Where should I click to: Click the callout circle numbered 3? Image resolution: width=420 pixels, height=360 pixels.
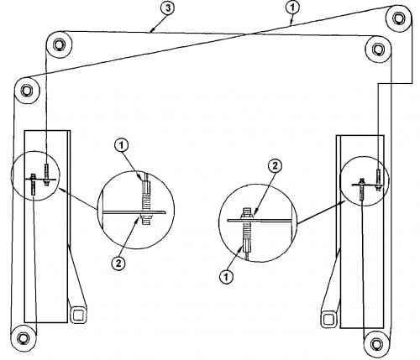pyautogui.click(x=167, y=8)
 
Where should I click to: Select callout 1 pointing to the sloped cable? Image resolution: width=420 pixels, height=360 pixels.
pyautogui.click(x=292, y=8)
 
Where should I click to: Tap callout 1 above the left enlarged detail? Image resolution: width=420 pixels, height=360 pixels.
pyautogui.click(x=121, y=145)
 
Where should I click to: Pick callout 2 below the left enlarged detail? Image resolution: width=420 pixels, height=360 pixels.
pyautogui.click(x=118, y=263)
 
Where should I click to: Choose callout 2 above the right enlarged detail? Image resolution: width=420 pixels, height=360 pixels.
pyautogui.click(x=275, y=166)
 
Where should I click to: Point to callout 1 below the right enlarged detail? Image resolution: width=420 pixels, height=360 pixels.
pyautogui.click(x=226, y=277)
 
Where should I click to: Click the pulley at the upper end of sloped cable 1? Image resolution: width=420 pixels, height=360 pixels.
pyautogui.click(x=399, y=18)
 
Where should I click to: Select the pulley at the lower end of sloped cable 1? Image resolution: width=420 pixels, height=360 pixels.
pyautogui.click(x=26, y=91)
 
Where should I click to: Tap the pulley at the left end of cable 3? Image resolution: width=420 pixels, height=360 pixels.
pyautogui.click(x=59, y=44)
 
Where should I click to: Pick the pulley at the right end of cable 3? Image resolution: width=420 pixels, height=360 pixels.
pyautogui.click(x=378, y=49)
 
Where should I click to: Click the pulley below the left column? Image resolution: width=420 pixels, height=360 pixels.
pyautogui.click(x=24, y=338)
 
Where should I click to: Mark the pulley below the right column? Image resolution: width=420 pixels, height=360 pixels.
pyautogui.click(x=376, y=344)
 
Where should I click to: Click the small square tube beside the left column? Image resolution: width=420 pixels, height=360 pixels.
pyautogui.click(x=77, y=315)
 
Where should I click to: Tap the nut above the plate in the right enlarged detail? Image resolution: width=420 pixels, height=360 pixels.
pyautogui.click(x=247, y=215)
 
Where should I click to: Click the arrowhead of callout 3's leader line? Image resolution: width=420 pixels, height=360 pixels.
pyautogui.click(x=152, y=30)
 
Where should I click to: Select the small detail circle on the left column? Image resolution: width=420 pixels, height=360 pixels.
pyautogui.click(x=35, y=175)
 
